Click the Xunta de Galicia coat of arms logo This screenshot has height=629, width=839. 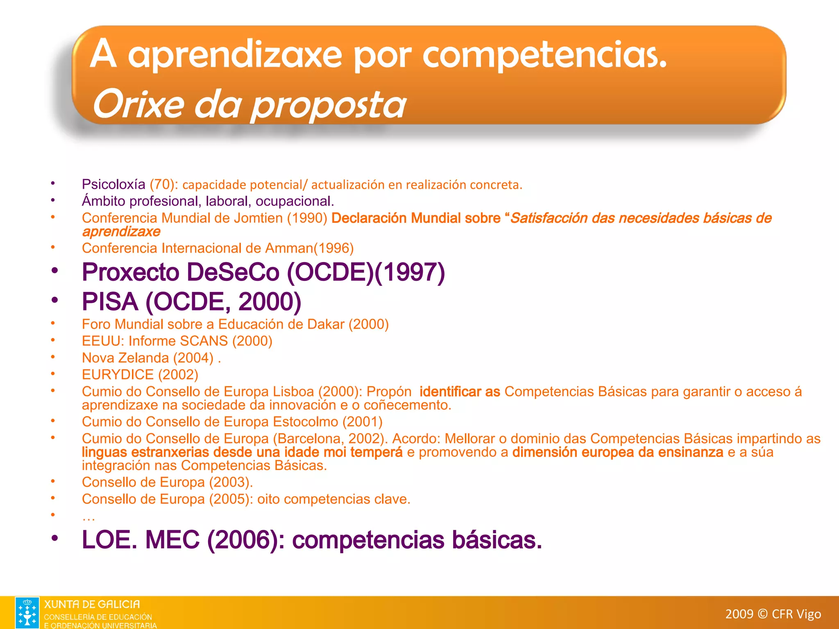click(x=27, y=612)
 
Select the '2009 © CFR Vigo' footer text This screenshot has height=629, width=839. click(x=773, y=614)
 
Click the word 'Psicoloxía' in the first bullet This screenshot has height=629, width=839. click(x=113, y=185)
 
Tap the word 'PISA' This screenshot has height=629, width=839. click(x=110, y=302)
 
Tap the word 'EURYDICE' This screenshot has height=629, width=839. click(x=118, y=375)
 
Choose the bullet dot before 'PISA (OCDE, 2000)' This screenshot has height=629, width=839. click(x=54, y=300)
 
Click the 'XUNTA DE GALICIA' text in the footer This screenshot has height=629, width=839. click(x=92, y=604)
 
